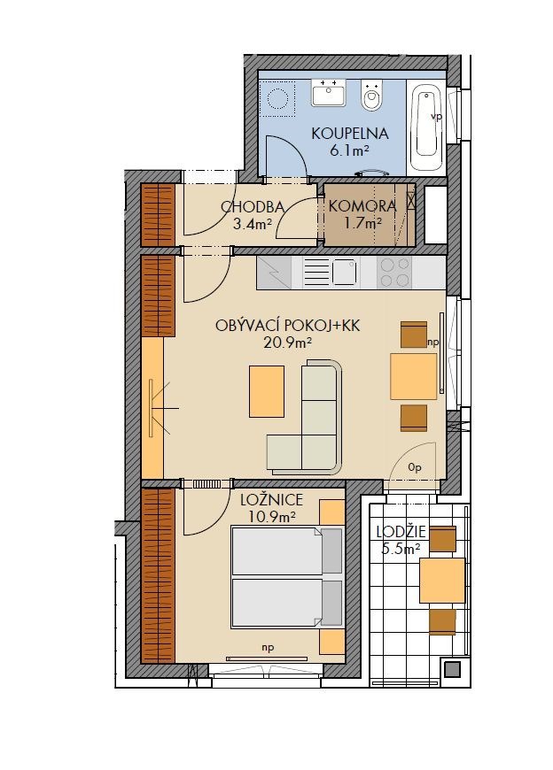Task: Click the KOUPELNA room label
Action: (x=350, y=134)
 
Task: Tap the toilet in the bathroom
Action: (x=371, y=96)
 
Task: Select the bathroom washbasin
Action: (x=329, y=93)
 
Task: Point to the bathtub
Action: (x=425, y=128)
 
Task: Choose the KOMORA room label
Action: (x=362, y=206)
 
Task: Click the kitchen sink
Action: (x=345, y=272)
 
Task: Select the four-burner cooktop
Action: (x=394, y=272)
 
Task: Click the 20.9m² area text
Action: (x=288, y=343)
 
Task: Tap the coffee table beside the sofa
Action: (x=267, y=391)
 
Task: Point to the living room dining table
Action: (x=413, y=376)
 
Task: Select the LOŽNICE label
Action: (x=271, y=500)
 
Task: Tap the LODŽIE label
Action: (x=401, y=532)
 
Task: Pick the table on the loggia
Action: (x=442, y=580)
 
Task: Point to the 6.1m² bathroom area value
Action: (x=349, y=150)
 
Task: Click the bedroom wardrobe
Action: (x=158, y=575)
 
